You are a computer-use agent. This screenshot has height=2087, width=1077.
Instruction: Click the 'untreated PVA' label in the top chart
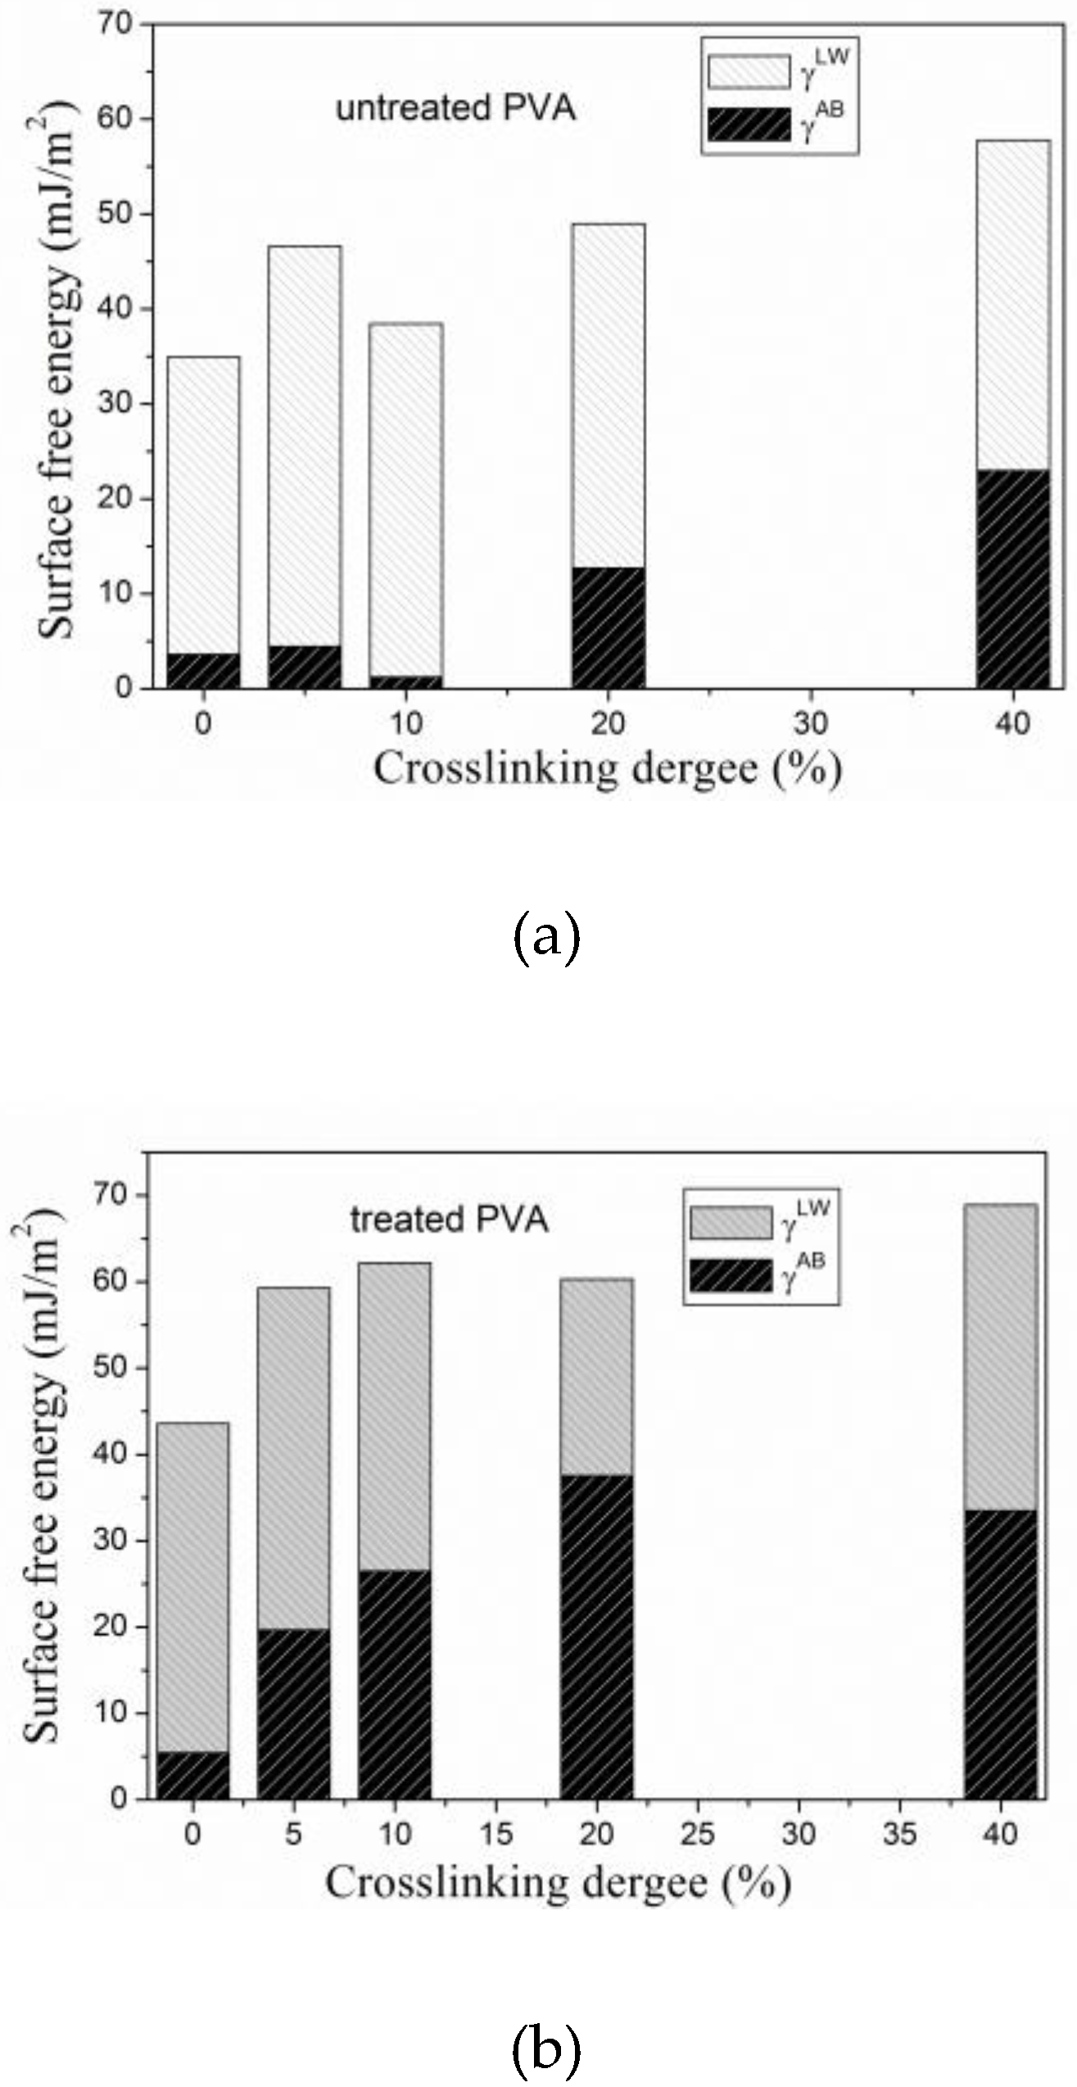pos(455,109)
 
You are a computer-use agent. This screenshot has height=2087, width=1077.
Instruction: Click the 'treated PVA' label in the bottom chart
pos(449,1220)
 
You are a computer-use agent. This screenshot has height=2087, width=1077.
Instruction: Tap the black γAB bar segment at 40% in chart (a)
pos(1013,578)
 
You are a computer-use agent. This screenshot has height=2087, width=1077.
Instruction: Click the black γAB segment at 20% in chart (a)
pos(609,627)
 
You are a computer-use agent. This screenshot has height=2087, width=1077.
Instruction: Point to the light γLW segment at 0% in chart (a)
pos(203,504)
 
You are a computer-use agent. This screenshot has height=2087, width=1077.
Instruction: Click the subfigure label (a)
pos(546,940)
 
